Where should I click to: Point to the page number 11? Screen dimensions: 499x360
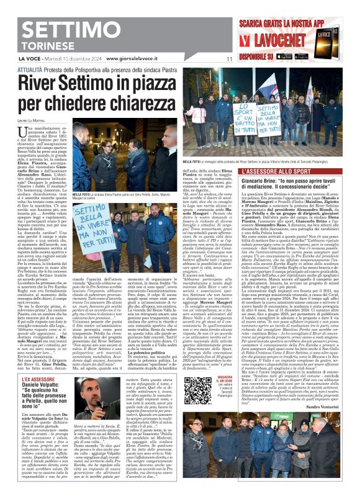(x=229, y=59)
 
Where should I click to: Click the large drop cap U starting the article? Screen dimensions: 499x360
(x=41, y=132)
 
